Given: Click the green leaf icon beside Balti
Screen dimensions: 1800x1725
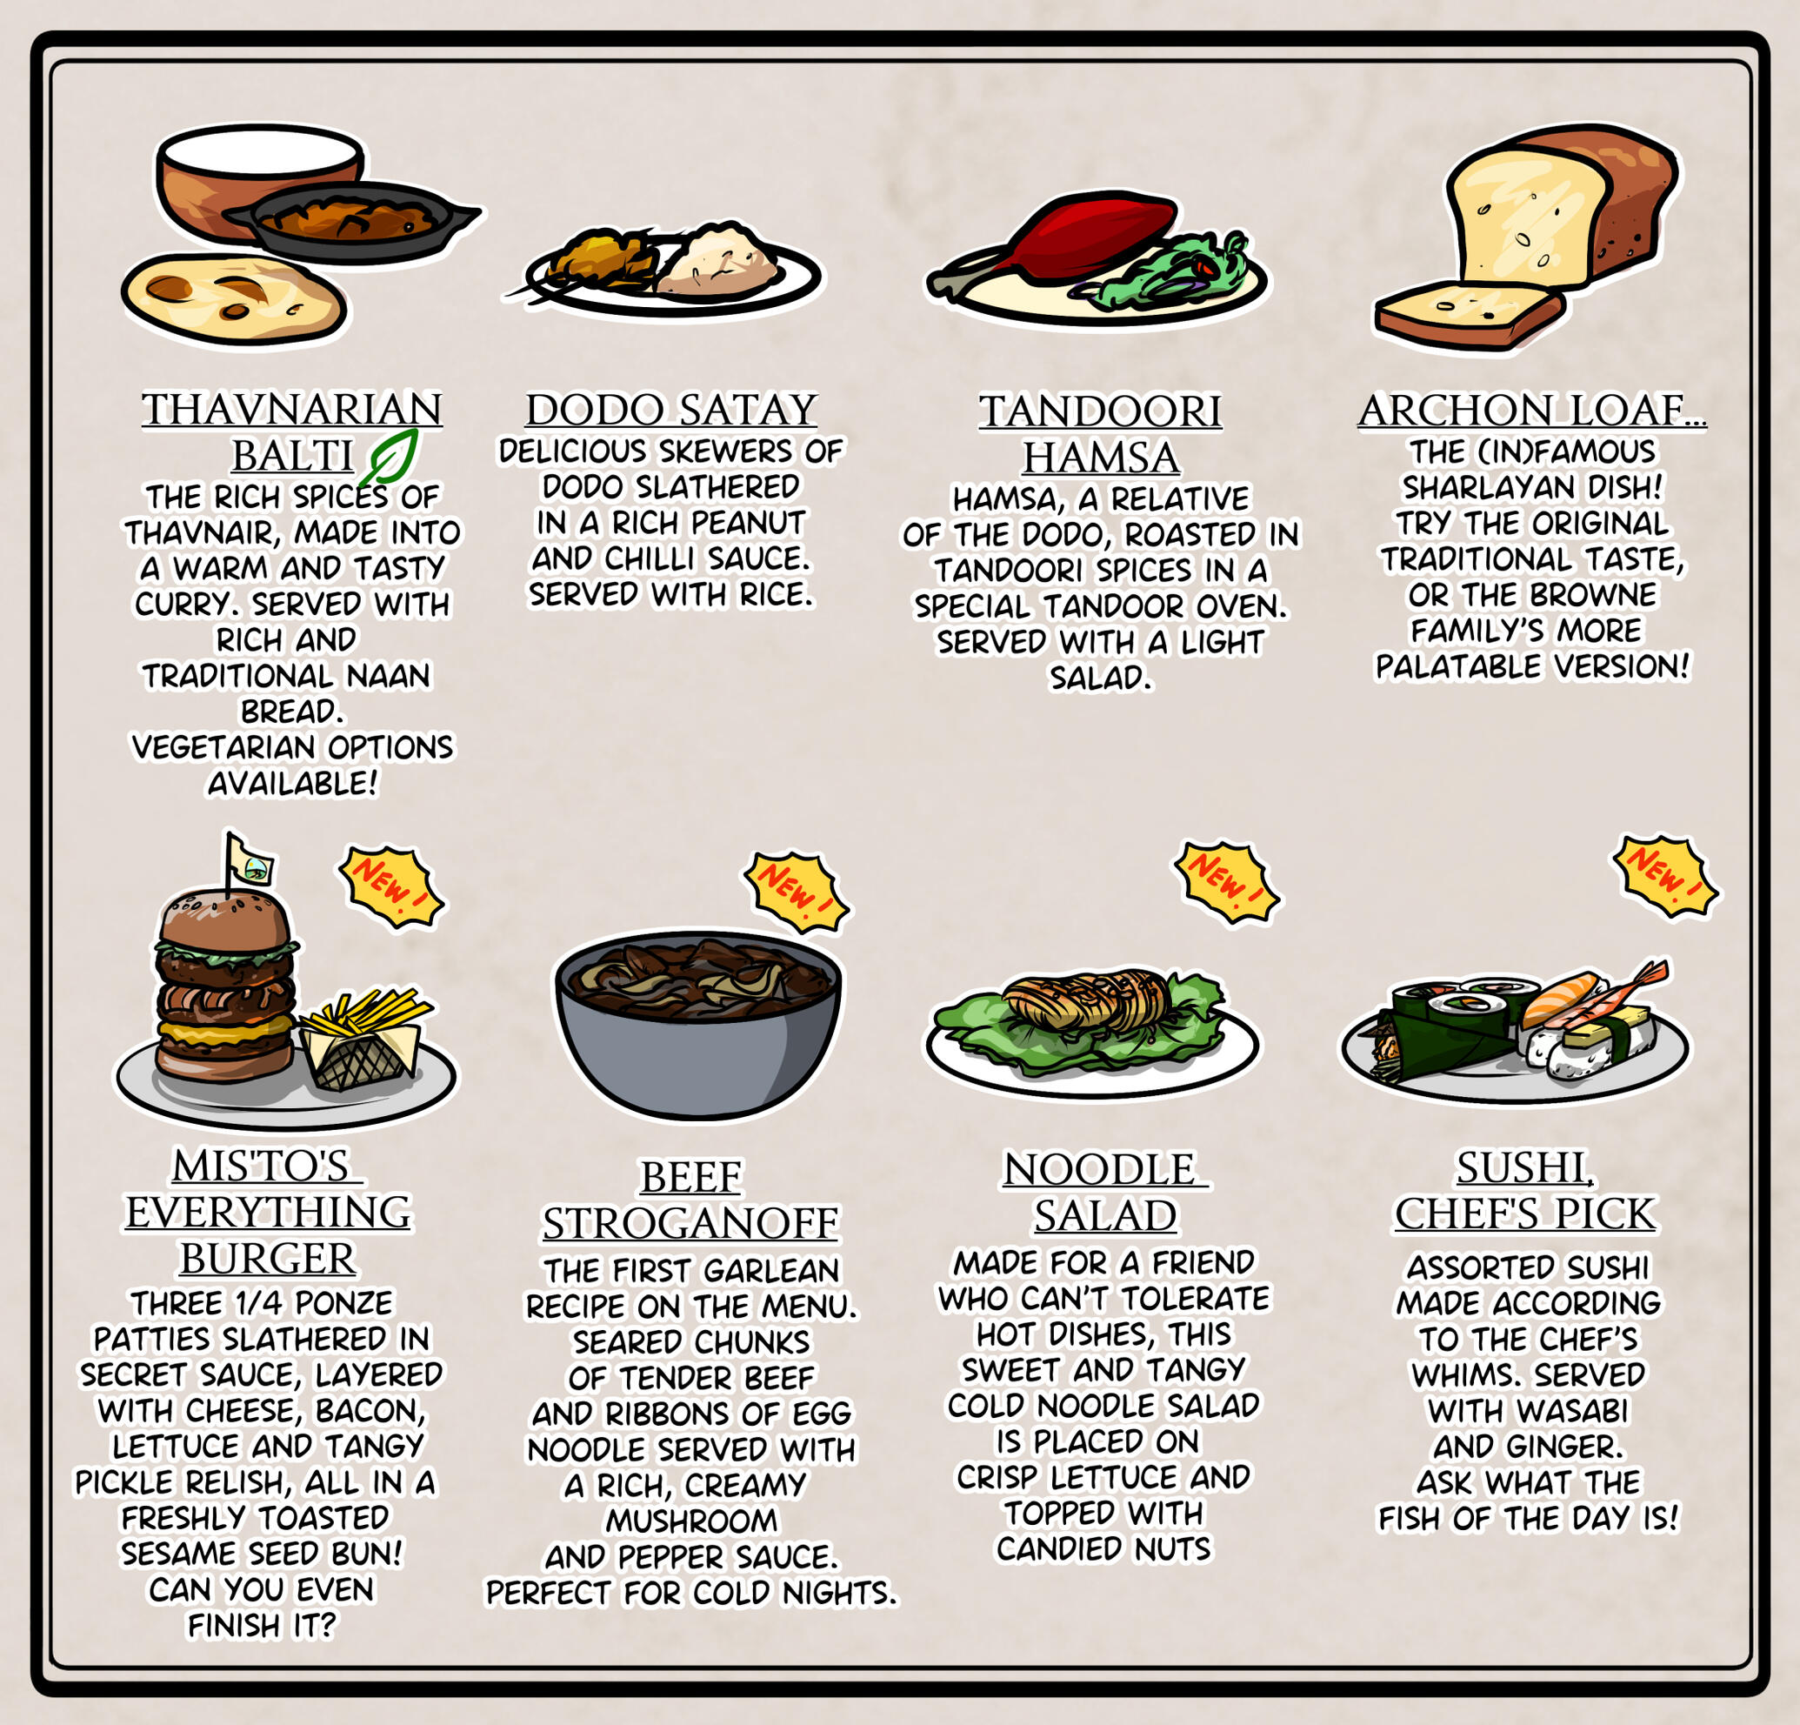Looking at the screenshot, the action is (388, 457).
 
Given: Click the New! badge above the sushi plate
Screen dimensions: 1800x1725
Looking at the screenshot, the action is (1665, 876).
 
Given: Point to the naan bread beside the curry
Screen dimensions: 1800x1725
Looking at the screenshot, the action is (234, 298).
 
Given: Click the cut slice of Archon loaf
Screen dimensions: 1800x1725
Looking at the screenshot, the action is (1469, 315).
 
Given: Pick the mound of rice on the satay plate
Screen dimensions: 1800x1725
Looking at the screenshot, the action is (719, 261).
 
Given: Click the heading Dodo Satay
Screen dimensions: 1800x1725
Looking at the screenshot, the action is (671, 410).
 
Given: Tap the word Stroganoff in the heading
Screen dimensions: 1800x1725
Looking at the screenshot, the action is (690, 1223).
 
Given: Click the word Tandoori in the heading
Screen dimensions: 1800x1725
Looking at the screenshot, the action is (1100, 411).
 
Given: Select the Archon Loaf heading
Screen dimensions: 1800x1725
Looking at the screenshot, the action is (1532, 411).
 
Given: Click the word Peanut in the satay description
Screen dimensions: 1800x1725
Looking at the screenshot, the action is (748, 523).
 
